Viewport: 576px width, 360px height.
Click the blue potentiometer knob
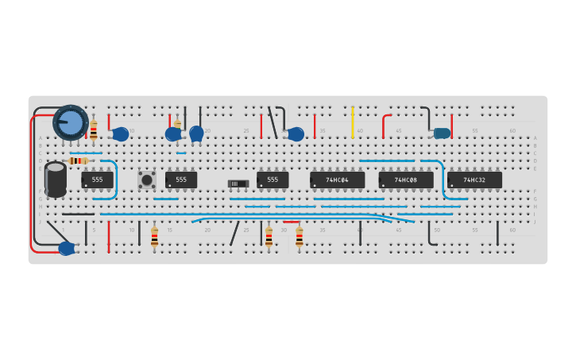pyautogui.click(x=71, y=122)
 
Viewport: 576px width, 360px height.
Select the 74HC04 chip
pyautogui.click(x=337, y=180)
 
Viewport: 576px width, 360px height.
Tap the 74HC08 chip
pyautogui.click(x=405, y=180)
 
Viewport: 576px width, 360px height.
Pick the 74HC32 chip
pyautogui.click(x=474, y=180)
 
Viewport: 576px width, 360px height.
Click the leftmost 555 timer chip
pyautogui.click(x=97, y=180)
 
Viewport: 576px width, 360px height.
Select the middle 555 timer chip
pyautogui.click(x=181, y=180)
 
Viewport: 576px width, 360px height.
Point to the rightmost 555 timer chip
pyautogui.click(x=273, y=180)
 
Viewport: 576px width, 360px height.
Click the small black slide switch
pyautogui.click(x=238, y=184)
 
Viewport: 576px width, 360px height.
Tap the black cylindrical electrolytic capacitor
pyautogui.click(x=56, y=180)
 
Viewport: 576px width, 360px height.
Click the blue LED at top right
pyautogui.click(x=442, y=134)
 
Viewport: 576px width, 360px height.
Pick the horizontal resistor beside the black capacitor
pyautogui.click(x=77, y=161)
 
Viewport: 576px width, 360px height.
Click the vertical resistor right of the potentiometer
pyautogui.click(x=94, y=129)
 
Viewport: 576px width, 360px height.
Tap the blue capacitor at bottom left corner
pyautogui.click(x=67, y=248)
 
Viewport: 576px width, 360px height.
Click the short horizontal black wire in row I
pyautogui.click(x=78, y=214)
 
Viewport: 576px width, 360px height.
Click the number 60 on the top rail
pyautogui.click(x=512, y=130)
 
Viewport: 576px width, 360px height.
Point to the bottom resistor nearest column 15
pyautogui.click(x=154, y=236)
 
